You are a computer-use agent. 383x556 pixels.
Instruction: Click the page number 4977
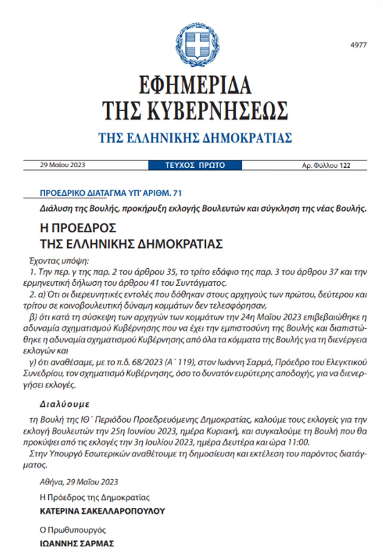point(358,45)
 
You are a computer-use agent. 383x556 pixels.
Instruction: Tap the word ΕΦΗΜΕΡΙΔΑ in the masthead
point(195,84)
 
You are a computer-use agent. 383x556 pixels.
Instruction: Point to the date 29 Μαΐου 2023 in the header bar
point(62,165)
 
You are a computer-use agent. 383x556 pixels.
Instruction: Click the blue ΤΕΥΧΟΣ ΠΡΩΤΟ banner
point(195,165)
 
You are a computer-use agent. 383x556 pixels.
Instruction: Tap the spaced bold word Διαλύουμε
point(64,404)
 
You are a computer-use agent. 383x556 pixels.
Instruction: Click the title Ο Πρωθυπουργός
point(73,530)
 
